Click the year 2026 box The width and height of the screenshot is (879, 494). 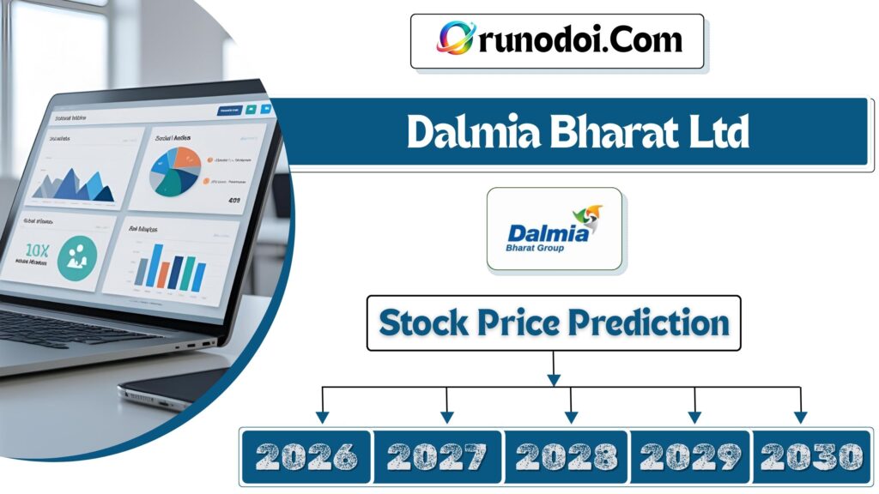306,455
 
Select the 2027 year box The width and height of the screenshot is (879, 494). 436,455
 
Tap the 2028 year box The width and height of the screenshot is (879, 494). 566,455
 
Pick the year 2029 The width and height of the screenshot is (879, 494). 690,455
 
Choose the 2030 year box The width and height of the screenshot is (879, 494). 810,455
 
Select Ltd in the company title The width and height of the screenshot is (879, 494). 714,133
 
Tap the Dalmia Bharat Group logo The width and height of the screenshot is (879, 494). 554,230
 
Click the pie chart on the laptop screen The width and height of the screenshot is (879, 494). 176,170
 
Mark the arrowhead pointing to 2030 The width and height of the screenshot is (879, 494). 800,417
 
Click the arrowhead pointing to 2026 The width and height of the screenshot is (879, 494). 322,417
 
